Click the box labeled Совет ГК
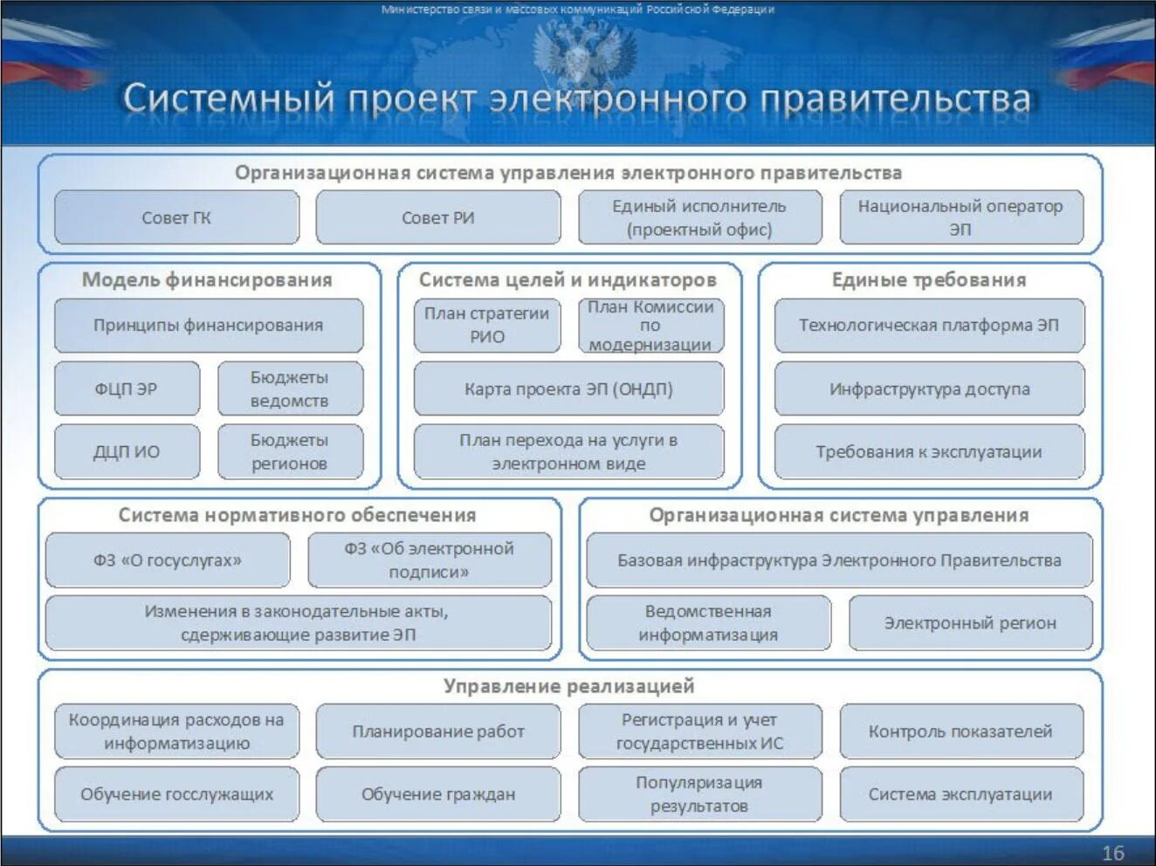pyautogui.click(x=176, y=217)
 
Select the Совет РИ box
pyautogui.click(x=437, y=217)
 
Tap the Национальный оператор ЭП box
pyautogui.click(x=960, y=217)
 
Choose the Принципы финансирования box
pyautogui.click(x=208, y=325)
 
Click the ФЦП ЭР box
pyautogui.click(x=127, y=388)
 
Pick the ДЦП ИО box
pyautogui.click(x=127, y=451)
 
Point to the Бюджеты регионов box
pyautogui.click(x=290, y=451)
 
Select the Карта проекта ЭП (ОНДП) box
pyautogui.click(x=568, y=388)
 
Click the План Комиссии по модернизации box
pyautogui.click(x=650, y=326)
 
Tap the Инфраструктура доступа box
pyautogui.click(x=929, y=388)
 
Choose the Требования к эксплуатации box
pyautogui.click(x=929, y=451)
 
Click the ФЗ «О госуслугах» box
pyautogui.click(x=168, y=560)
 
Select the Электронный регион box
pyautogui.click(x=970, y=622)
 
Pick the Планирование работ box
pyautogui.click(x=437, y=731)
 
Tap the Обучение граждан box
pyautogui.click(x=437, y=794)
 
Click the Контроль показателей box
pyautogui.click(x=960, y=731)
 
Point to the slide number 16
pyautogui.click(x=1112, y=853)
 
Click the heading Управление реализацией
pyautogui.click(x=568, y=685)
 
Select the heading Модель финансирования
pyautogui.click(x=207, y=279)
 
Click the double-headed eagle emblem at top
pyautogui.click(x=577, y=52)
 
